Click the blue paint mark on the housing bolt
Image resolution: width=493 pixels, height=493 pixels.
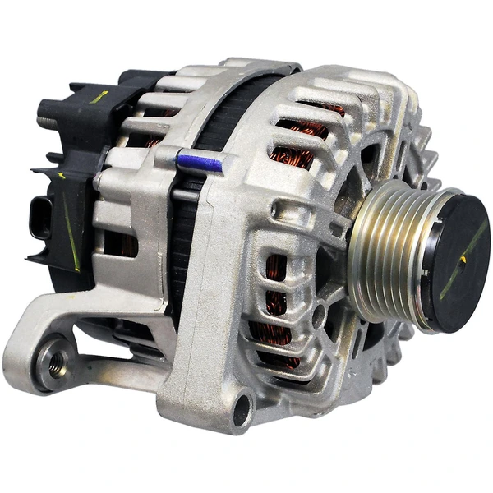pos(200,164)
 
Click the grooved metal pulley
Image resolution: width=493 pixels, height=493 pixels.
pos(386,255)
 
